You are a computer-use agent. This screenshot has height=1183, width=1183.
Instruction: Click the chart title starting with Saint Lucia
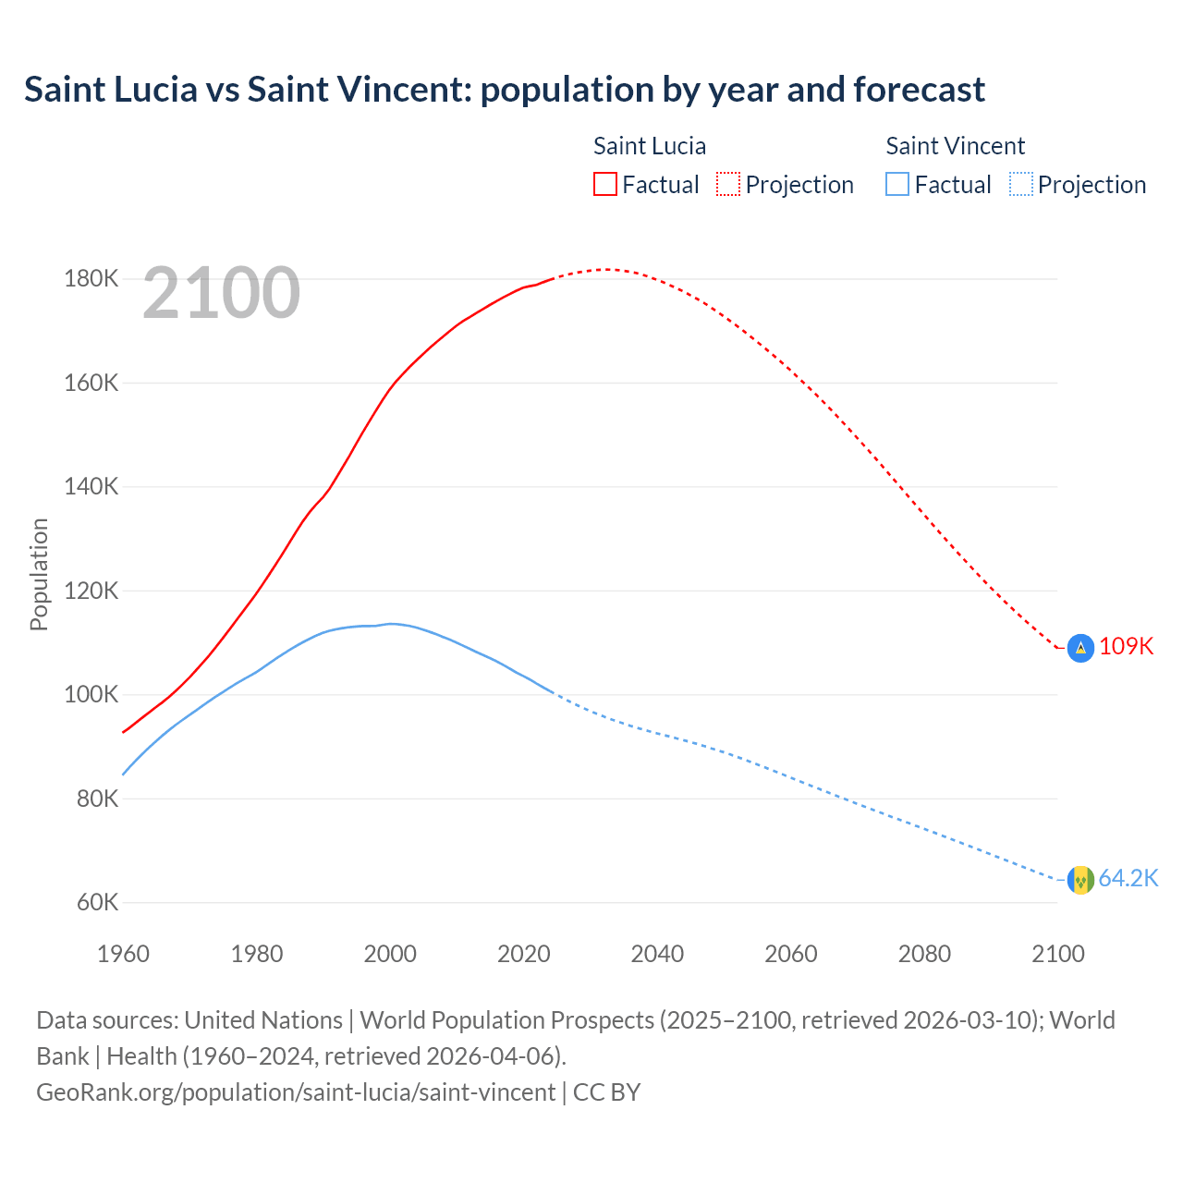click(x=504, y=90)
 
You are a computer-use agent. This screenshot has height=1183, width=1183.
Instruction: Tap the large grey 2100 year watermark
click(x=221, y=293)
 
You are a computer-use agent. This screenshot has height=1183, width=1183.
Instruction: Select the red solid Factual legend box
click(x=604, y=184)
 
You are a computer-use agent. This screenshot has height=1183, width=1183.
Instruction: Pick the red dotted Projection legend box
click(x=727, y=184)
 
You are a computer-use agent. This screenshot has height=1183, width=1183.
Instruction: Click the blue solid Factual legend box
click(x=896, y=184)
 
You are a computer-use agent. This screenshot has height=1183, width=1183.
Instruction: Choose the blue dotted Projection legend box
click(x=1020, y=184)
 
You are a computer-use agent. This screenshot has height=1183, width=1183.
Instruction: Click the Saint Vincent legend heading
click(x=955, y=146)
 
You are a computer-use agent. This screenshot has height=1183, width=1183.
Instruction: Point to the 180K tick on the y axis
click(x=91, y=278)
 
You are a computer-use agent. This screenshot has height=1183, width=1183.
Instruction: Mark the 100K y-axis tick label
click(x=91, y=694)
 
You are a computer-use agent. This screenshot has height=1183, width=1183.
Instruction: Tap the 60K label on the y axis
click(x=96, y=902)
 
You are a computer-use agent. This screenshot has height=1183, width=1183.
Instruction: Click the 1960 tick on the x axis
click(x=123, y=954)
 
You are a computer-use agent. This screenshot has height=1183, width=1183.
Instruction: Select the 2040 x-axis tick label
click(x=657, y=954)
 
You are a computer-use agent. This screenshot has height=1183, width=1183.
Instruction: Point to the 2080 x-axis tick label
click(x=924, y=954)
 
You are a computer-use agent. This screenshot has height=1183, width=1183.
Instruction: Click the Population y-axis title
click(x=39, y=574)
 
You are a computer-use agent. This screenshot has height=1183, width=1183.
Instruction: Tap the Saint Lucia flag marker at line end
click(x=1080, y=648)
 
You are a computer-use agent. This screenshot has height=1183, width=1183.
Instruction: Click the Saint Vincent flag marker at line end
click(x=1080, y=880)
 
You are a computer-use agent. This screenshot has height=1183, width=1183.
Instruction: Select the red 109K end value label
click(x=1127, y=646)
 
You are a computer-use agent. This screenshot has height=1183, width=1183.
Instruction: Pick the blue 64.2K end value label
click(x=1128, y=878)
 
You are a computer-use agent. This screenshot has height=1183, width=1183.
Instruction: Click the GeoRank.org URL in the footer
click(x=296, y=1092)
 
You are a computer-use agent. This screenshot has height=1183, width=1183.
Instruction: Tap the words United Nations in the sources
click(x=263, y=1019)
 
